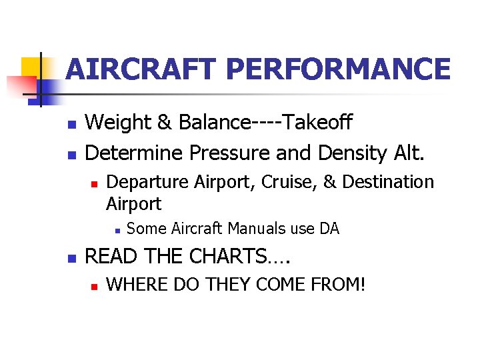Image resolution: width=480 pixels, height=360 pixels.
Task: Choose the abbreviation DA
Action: point(329,229)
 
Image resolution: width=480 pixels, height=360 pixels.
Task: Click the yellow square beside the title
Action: point(31,67)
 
